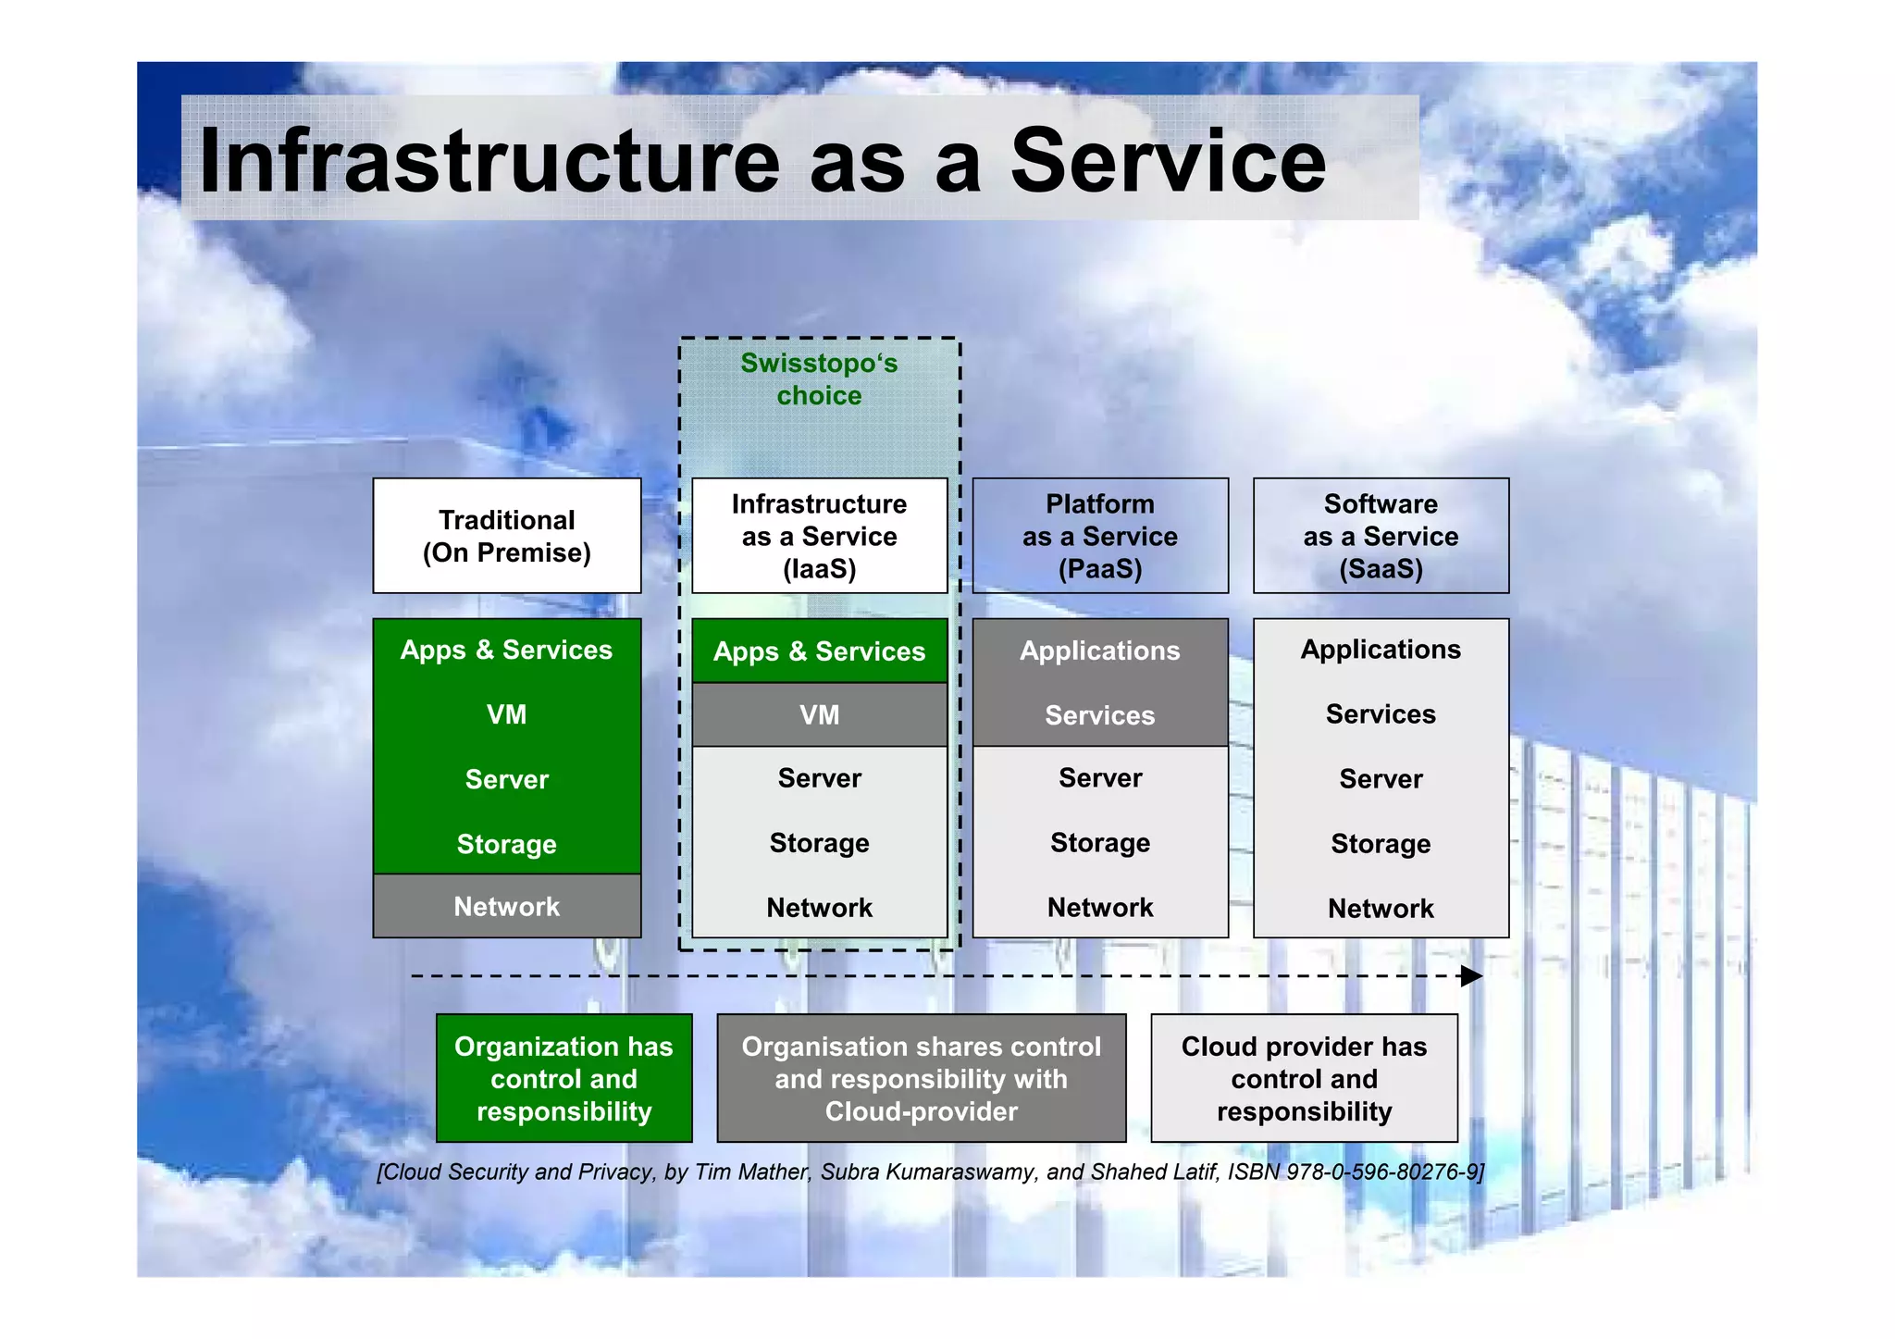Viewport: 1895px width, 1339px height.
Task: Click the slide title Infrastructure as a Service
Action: click(x=762, y=161)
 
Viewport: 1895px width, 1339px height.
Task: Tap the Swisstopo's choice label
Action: click(x=819, y=378)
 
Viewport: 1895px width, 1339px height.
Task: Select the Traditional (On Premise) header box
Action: click(x=506, y=536)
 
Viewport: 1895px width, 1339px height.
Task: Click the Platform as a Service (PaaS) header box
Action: click(x=1099, y=536)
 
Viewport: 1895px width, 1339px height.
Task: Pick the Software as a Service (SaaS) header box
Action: click(x=1380, y=536)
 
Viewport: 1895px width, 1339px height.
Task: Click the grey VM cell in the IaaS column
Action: click(x=819, y=714)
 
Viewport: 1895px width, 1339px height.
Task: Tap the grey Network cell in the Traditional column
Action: click(x=506, y=906)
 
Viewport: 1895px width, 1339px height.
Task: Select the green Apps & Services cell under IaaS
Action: click(x=819, y=651)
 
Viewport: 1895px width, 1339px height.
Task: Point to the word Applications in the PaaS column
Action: click(x=1099, y=651)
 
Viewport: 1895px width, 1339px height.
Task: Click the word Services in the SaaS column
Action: click(x=1380, y=714)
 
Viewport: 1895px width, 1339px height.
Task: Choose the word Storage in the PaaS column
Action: click(x=1099, y=843)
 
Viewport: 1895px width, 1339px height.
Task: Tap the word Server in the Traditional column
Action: click(x=506, y=779)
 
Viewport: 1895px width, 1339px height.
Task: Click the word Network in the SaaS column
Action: click(x=1380, y=908)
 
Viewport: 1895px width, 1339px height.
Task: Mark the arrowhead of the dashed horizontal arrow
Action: click(x=1471, y=976)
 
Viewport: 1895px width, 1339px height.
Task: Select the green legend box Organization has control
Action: click(x=564, y=1078)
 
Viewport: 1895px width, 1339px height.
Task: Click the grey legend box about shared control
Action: click(x=921, y=1078)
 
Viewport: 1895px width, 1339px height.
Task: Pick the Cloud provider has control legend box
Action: click(x=1303, y=1078)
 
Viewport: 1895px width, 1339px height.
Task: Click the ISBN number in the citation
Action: click(x=1384, y=1172)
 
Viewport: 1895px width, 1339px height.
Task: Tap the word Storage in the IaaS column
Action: click(x=819, y=843)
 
